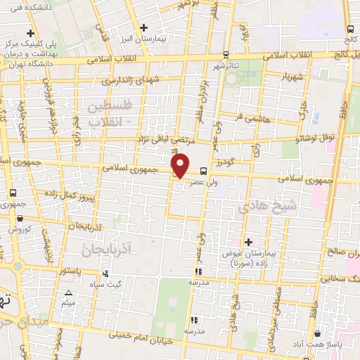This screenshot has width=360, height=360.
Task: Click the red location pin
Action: pyautogui.click(x=181, y=164)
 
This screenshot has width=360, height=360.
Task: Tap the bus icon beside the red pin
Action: pyautogui.click(x=203, y=171)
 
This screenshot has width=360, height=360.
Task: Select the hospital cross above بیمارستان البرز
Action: pyautogui.click(x=143, y=27)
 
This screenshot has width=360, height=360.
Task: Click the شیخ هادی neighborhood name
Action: pyautogui.click(x=262, y=205)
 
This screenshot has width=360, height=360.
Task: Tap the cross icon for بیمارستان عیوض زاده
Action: pyautogui.click(x=247, y=241)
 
